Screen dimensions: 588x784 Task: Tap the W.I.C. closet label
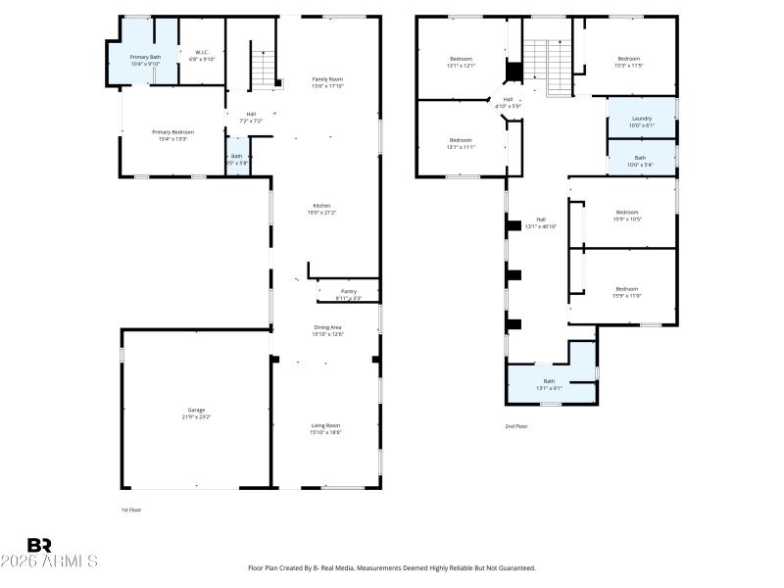(x=202, y=56)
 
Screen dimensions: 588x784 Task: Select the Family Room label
(x=327, y=82)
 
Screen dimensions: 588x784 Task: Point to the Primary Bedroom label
(x=170, y=135)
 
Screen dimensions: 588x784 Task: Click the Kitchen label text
(x=321, y=209)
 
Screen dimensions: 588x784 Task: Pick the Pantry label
(x=348, y=294)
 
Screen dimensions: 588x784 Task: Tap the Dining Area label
(x=327, y=331)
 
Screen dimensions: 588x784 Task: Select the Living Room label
(x=326, y=428)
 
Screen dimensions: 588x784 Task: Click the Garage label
(x=197, y=413)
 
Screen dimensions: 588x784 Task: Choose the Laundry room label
(x=641, y=122)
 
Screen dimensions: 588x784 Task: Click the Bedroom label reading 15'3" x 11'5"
(x=628, y=62)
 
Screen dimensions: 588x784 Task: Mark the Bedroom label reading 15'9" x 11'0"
(x=627, y=292)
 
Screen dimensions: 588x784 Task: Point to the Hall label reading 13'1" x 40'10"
(x=540, y=223)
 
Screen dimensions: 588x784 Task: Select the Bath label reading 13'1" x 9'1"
(x=549, y=384)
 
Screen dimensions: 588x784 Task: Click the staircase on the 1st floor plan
(x=264, y=69)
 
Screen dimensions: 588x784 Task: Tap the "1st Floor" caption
(x=130, y=510)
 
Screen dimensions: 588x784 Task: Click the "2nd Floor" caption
(x=515, y=426)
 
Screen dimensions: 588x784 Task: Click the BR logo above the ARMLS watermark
(x=39, y=545)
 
